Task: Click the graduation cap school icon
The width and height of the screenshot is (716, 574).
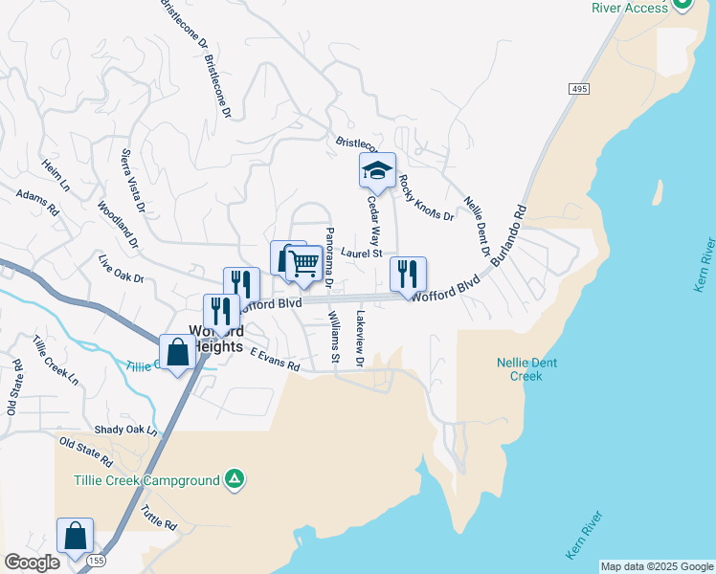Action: point(377,170)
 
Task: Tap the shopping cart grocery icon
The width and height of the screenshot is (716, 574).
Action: point(303,262)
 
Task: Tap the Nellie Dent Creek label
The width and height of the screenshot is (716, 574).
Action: point(526,369)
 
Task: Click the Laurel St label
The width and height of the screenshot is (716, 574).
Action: point(361,254)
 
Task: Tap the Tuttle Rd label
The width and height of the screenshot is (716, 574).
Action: point(158,519)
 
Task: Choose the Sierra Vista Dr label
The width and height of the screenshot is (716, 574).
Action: point(132,181)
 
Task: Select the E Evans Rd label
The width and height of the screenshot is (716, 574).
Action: point(275,360)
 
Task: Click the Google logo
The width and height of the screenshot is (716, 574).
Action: point(32,563)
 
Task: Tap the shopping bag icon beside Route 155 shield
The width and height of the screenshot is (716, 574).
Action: point(75,536)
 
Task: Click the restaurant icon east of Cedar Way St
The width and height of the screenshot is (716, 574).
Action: point(409,275)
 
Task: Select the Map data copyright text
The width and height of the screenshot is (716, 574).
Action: point(656,566)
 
